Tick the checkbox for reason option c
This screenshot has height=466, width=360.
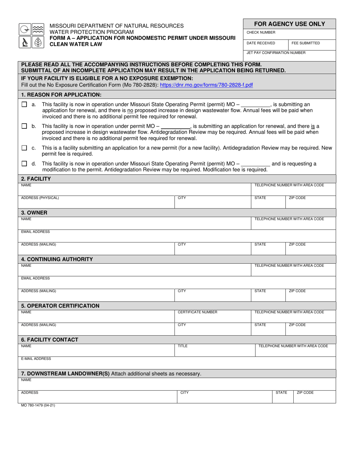pos(24,148)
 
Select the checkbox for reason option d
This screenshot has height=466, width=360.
pos(24,164)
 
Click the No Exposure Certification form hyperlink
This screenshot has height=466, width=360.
pos(206,85)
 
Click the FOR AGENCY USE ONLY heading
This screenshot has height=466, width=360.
pos(290,24)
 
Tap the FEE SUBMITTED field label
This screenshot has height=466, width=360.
pos(305,43)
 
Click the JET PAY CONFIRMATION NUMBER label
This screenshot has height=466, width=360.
pos(276,53)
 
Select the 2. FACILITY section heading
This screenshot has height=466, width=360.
pos(36,178)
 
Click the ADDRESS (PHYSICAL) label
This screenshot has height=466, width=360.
pos(40,198)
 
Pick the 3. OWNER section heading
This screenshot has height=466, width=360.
pos(34,213)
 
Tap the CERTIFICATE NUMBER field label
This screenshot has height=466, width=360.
pos(197,312)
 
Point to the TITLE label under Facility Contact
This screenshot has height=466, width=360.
pos(183,346)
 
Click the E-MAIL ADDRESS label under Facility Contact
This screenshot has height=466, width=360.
pos(36,358)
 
